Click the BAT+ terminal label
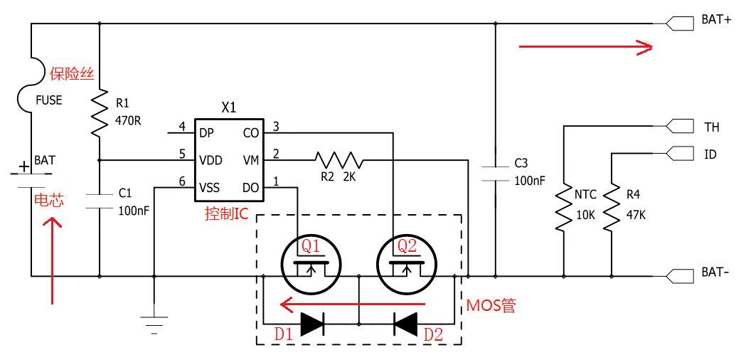tap(716, 21)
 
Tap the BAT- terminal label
tap(715, 273)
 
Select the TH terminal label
tap(711, 127)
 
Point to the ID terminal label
tap(710, 154)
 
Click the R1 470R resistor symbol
tap(100, 113)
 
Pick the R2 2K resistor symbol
tap(338, 160)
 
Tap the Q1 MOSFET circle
tap(311, 264)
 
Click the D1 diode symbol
tap(312, 324)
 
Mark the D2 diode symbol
tap(406, 324)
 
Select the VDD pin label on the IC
tap(210, 160)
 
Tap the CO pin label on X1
tap(251, 133)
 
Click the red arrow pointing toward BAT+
tap(585, 48)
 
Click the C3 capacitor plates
tap(496, 174)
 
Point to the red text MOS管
tap(491, 306)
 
